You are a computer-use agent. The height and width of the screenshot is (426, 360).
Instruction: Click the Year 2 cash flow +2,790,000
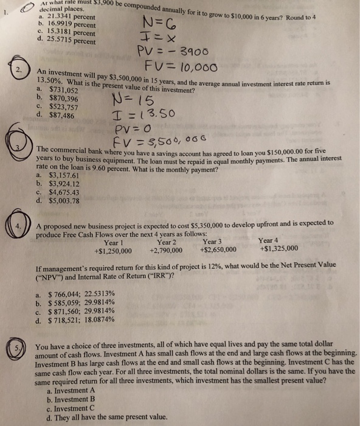(168, 248)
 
